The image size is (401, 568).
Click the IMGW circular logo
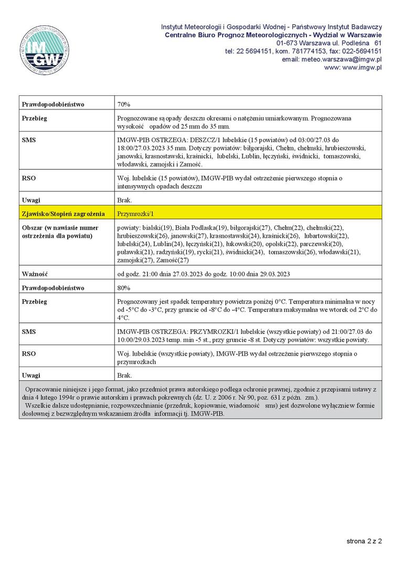(x=45, y=50)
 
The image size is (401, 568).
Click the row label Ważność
(x=35, y=274)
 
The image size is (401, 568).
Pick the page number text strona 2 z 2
(x=364, y=541)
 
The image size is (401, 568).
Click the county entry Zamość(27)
(x=176, y=260)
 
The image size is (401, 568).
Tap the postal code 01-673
(x=287, y=43)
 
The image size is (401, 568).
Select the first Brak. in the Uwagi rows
(x=124, y=200)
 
